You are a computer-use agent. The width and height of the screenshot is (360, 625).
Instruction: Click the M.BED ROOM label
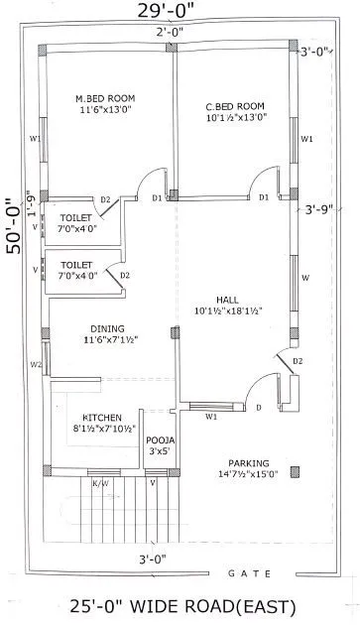pos(105,98)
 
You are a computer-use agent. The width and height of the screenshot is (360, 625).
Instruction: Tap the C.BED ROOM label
pos(235,106)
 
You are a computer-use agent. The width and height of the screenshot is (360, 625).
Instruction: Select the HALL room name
pos(228,299)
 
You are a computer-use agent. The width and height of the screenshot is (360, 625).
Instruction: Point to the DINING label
pos(105,328)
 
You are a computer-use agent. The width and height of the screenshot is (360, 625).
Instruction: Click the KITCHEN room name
pos(102,418)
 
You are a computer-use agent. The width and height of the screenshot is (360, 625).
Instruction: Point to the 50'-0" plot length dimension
pos(14,223)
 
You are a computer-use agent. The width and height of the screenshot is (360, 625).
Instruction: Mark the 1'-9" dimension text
pos(32,204)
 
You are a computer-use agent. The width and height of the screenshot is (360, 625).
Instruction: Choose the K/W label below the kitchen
pos(100,484)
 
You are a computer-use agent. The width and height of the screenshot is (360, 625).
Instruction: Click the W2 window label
pos(36,364)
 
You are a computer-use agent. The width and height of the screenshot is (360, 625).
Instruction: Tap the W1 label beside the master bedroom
pos(35,139)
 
